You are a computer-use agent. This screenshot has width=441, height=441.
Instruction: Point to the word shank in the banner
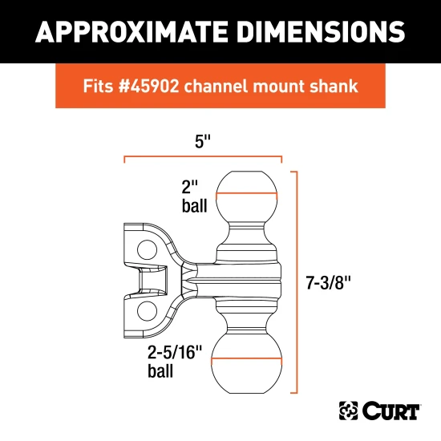point(333,86)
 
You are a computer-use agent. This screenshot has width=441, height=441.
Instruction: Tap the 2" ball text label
point(193,197)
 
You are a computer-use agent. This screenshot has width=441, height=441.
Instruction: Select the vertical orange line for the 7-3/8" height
point(298,282)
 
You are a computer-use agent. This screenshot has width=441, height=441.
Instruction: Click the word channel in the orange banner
point(233,86)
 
